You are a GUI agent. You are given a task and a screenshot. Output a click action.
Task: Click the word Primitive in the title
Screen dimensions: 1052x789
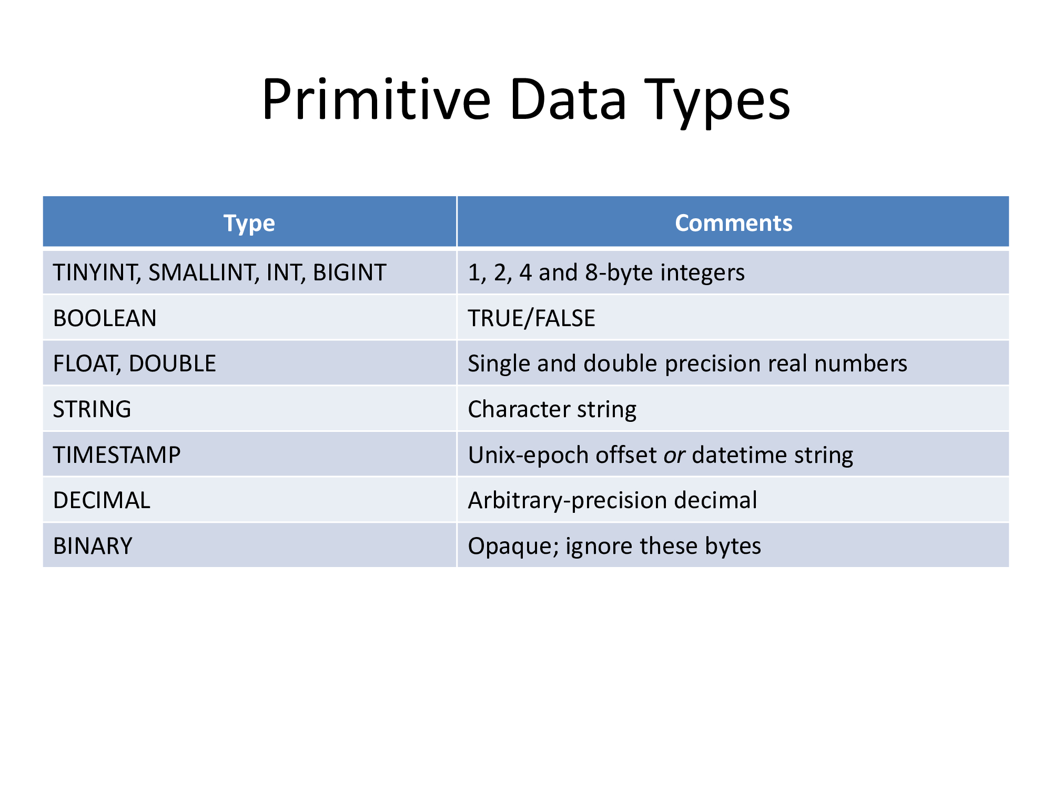(x=377, y=99)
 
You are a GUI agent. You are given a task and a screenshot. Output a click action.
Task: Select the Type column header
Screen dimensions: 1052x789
(x=249, y=224)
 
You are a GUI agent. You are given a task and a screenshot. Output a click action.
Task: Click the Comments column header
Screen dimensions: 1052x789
(x=733, y=223)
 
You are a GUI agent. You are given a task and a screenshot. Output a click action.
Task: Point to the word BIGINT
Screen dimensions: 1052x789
(x=350, y=273)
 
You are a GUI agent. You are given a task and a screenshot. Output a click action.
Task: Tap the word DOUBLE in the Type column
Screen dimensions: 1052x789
(x=173, y=364)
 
